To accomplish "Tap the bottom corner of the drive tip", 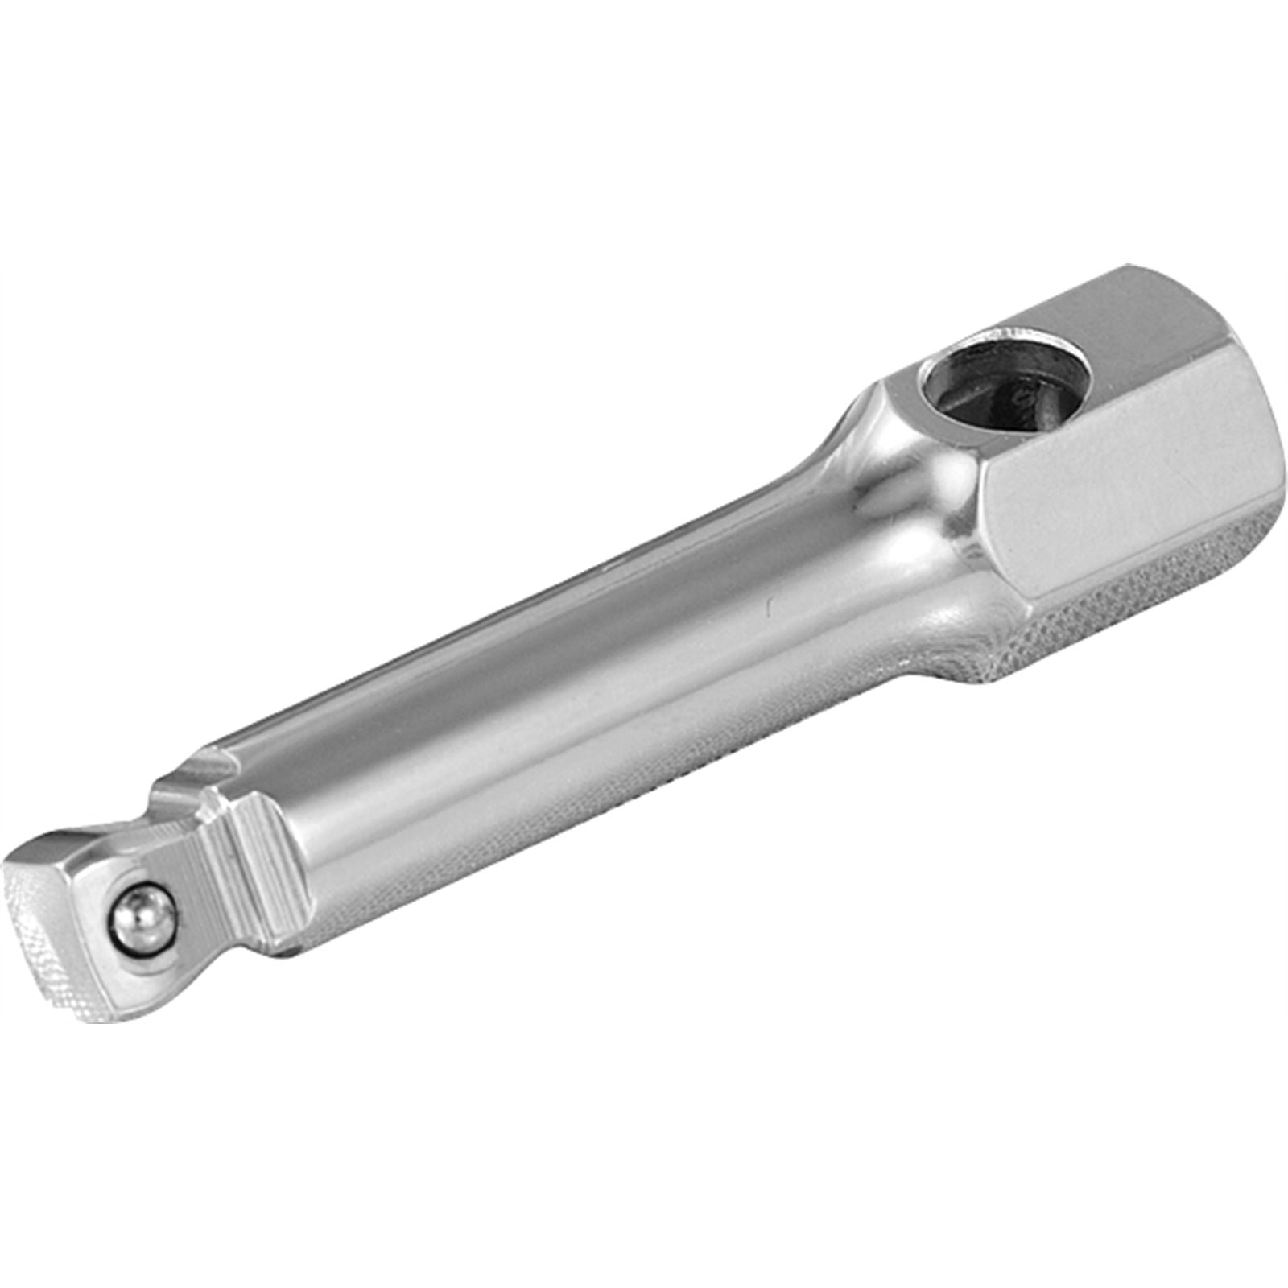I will (x=89, y=1018).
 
